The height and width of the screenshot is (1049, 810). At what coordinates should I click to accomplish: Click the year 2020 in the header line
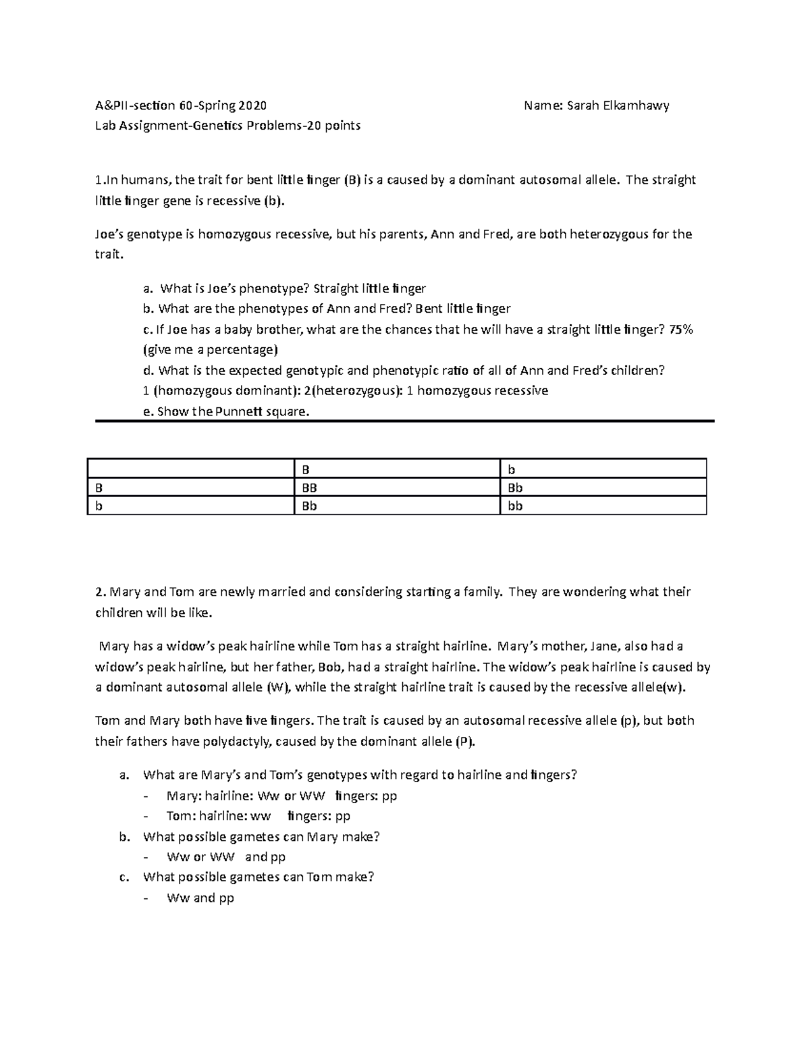(x=251, y=105)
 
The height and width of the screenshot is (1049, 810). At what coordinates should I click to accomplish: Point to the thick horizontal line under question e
(x=404, y=421)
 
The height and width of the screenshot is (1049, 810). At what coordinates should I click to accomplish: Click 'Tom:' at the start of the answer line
(x=181, y=816)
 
